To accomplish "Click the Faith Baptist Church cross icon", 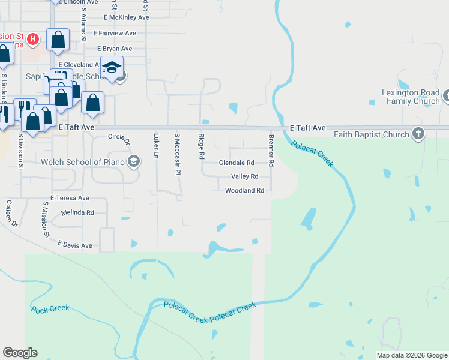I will [x=418, y=134].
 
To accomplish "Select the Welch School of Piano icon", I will [x=133, y=161].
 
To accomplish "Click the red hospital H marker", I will [x=34, y=40].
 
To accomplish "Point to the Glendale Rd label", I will [x=236, y=163].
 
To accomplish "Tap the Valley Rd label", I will [x=244, y=176].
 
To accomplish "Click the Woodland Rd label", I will [x=244, y=190].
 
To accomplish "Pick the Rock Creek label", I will [x=50, y=309].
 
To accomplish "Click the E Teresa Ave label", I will [x=70, y=198].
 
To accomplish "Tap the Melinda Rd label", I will [x=77, y=212].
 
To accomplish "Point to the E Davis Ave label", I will [x=75, y=245].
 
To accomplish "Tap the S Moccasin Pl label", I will [x=177, y=146].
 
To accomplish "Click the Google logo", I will [x=20, y=353].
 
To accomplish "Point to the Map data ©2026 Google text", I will [x=412, y=355].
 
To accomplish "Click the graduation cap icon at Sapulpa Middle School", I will [x=112, y=68].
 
